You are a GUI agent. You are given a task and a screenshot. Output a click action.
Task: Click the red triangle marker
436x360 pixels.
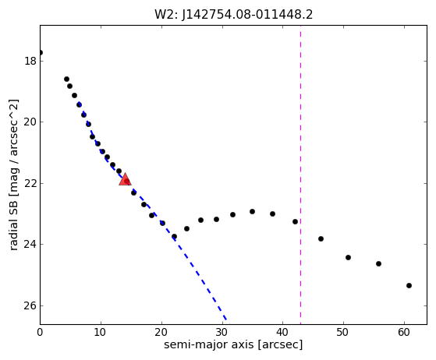tap(125, 179)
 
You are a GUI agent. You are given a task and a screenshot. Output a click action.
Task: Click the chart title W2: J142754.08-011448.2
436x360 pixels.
tap(233, 15)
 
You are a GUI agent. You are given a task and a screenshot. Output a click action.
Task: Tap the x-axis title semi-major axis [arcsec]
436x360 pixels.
tap(233, 344)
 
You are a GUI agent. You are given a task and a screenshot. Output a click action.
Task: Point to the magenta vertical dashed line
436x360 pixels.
tap(300, 175)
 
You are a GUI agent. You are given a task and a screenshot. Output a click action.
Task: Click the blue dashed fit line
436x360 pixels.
tap(153, 211)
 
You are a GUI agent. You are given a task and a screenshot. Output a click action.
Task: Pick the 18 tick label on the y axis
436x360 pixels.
tap(30, 61)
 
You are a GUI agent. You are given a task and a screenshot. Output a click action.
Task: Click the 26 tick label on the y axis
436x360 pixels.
tap(30, 305)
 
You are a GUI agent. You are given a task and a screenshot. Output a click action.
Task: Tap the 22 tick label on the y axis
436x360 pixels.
tap(30, 183)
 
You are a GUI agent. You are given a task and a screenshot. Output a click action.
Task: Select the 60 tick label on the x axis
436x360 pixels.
tap(404, 332)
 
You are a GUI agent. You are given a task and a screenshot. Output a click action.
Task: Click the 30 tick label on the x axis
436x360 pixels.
tap(222, 332)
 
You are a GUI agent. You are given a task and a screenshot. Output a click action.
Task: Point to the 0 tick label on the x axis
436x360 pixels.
tap(40, 332)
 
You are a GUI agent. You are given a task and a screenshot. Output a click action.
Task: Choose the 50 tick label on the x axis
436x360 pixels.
tap(343, 332)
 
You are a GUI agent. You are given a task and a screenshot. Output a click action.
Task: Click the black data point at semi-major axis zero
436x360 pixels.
tap(41, 52)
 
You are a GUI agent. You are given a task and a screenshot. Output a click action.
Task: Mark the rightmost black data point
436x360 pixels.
tap(409, 285)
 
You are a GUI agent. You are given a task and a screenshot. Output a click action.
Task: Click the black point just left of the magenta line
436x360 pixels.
tap(295, 221)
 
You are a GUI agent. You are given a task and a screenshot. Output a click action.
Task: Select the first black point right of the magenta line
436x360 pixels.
tap(321, 239)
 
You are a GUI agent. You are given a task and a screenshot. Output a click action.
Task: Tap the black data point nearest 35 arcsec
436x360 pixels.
tap(252, 212)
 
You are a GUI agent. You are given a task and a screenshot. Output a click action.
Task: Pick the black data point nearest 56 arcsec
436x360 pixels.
tap(378, 263)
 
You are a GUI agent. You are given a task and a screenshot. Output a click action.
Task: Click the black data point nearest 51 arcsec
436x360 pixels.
tap(348, 257)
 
